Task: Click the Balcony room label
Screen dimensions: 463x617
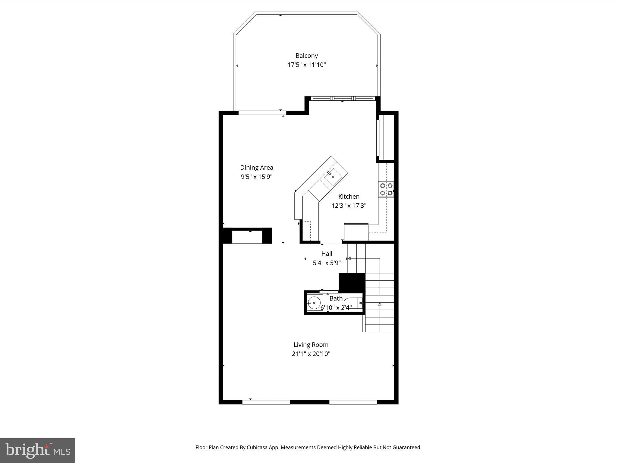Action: pos(306,55)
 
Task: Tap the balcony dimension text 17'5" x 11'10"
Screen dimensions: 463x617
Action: pos(306,65)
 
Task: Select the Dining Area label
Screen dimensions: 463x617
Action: pos(256,167)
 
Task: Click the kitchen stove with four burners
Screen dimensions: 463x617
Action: pos(386,189)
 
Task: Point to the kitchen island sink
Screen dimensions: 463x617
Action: pos(332,177)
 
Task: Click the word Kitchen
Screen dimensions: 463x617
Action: pos(349,197)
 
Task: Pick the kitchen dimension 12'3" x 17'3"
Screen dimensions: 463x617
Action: pos(349,206)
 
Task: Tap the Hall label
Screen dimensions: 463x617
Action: pos(327,254)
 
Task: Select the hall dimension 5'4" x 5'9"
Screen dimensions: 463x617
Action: pos(327,263)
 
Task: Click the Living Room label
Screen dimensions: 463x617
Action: pos(311,345)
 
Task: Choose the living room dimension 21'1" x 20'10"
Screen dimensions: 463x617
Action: pos(311,354)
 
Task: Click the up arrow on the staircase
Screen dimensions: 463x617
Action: pos(380,305)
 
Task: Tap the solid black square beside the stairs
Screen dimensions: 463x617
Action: pos(352,282)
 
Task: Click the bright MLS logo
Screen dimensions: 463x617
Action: pos(38,450)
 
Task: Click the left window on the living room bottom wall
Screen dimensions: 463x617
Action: pos(266,402)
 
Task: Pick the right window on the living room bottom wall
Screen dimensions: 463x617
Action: pos(353,402)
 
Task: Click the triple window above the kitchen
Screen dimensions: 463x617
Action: pos(343,98)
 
